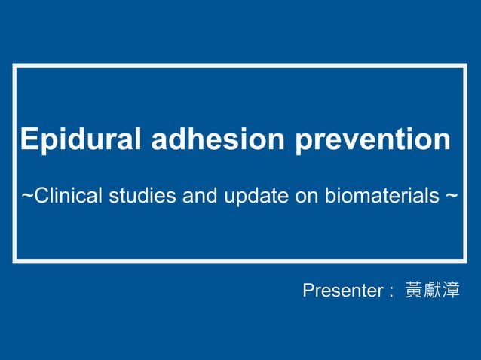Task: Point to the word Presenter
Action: click(343, 291)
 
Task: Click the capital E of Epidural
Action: click(29, 140)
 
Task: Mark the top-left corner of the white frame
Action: click(14, 66)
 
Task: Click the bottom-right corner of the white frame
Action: click(465, 261)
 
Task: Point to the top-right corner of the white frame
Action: click(465, 66)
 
